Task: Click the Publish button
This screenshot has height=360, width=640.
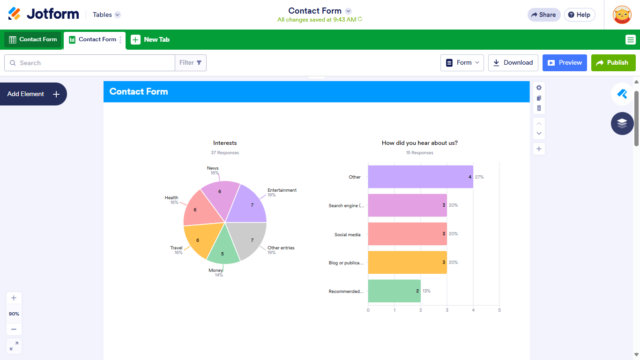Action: [613, 62]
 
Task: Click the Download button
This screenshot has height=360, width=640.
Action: [513, 62]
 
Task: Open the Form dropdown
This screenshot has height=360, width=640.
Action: [461, 62]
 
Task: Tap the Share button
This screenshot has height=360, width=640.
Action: [543, 15]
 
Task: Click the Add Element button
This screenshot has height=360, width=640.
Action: [33, 94]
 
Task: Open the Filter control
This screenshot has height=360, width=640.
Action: [191, 62]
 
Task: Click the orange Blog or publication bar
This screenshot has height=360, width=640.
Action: [407, 262]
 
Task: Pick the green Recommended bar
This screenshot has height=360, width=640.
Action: [394, 291]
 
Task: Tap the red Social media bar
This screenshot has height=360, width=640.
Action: [407, 234]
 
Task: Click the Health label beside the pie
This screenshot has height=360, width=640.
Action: [172, 198]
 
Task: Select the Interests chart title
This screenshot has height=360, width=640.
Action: [225, 143]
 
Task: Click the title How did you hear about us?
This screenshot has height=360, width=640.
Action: [420, 143]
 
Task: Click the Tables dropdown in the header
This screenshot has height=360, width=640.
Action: [106, 15]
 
